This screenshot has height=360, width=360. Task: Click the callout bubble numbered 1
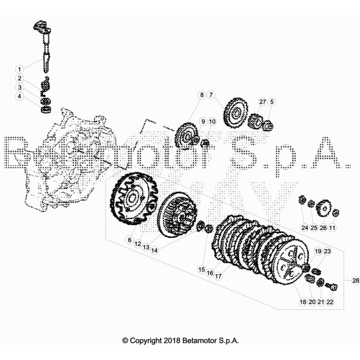tap(20, 69)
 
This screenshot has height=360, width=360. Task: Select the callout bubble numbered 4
tap(20, 96)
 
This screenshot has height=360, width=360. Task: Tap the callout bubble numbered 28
tap(356, 280)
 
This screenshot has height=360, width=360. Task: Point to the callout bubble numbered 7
tap(211, 95)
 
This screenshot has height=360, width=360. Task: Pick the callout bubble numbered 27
tap(262, 101)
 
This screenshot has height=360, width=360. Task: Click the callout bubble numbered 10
tap(212, 121)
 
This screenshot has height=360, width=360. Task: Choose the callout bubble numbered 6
tap(130, 240)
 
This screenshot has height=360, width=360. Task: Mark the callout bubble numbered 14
tap(154, 251)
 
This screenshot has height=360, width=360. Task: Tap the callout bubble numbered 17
tap(218, 276)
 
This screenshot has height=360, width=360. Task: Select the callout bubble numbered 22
tap(329, 302)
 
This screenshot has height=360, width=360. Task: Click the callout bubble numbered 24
tap(304, 228)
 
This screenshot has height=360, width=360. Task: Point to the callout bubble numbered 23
tap(327, 251)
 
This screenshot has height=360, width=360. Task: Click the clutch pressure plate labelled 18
tap(292, 262)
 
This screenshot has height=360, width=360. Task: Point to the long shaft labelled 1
tap(46, 48)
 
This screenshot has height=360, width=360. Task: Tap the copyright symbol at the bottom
tap(125, 340)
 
